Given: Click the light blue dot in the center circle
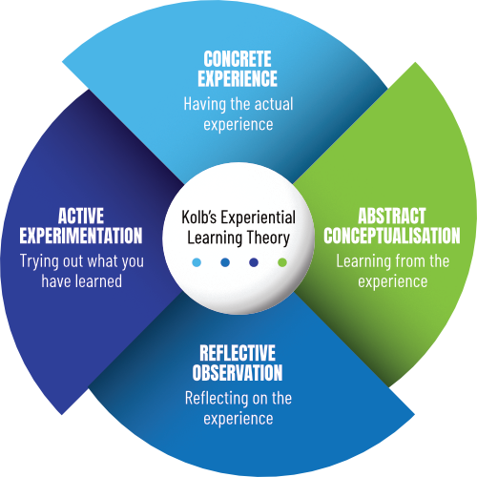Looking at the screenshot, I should [x=197, y=262].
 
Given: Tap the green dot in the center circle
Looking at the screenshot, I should [x=281, y=262].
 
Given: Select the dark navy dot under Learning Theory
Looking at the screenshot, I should [x=253, y=262].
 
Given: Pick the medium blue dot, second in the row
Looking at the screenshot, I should [x=225, y=262].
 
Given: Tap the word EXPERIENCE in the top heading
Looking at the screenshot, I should [x=239, y=79].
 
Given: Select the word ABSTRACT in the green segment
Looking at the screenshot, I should [x=394, y=216].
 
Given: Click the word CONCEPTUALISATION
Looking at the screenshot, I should [x=394, y=236].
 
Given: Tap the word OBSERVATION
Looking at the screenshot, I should [x=238, y=373].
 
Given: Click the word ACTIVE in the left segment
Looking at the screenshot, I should [x=80, y=216].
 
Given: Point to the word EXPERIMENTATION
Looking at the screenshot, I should [x=80, y=236].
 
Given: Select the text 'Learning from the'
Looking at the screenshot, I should [x=394, y=260].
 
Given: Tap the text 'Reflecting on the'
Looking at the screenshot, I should [x=238, y=398].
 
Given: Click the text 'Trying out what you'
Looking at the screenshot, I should [x=80, y=260].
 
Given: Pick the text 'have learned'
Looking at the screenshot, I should [x=80, y=281].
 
